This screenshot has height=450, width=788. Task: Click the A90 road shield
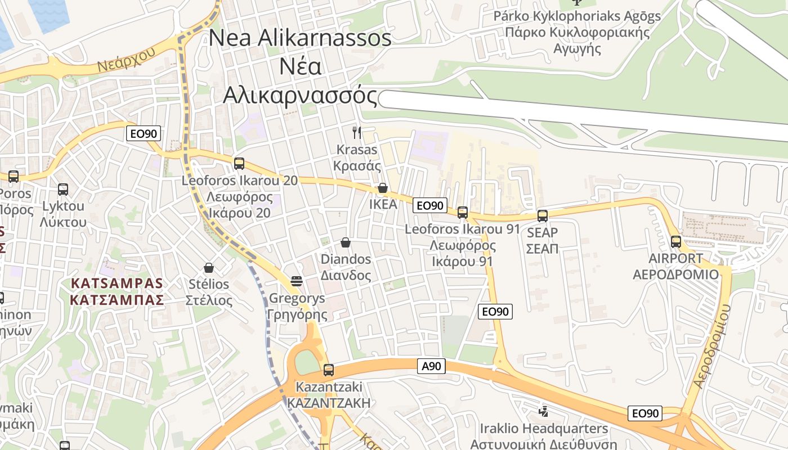[x=432, y=366]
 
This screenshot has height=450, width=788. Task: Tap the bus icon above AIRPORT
[x=676, y=242]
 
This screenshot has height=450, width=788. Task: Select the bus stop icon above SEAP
[x=543, y=216]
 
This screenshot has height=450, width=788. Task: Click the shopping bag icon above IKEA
[x=383, y=188]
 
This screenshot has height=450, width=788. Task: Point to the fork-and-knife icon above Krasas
[x=357, y=133]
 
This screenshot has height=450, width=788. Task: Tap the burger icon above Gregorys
[x=297, y=281]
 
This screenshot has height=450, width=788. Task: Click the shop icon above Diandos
[x=346, y=242]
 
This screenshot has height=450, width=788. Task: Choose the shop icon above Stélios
[x=209, y=268]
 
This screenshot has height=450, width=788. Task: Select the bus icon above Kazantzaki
[x=329, y=370]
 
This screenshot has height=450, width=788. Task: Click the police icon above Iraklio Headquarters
[x=543, y=411]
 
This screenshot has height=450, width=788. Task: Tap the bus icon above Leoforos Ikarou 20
[x=239, y=164]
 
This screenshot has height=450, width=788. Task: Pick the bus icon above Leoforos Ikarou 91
[x=463, y=213]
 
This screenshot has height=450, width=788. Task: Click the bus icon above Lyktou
[x=63, y=190]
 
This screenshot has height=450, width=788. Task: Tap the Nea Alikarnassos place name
[x=300, y=38]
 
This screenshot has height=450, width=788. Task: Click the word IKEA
[x=383, y=204]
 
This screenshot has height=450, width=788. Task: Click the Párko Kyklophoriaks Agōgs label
[x=577, y=16]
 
